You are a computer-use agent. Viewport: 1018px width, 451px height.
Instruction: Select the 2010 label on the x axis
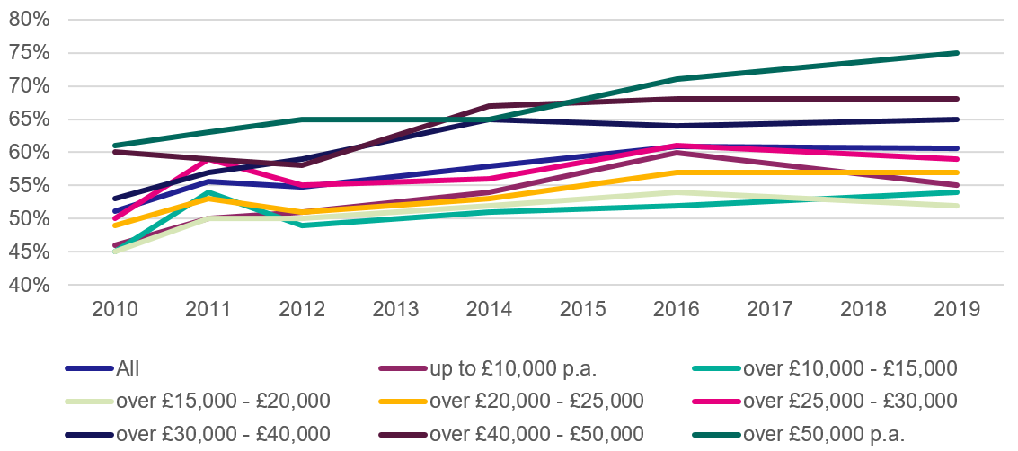[x=115, y=310]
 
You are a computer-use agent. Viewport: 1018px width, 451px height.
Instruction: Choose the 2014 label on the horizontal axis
[x=490, y=310]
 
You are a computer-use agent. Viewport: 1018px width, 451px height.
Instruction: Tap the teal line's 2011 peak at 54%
[x=208, y=192]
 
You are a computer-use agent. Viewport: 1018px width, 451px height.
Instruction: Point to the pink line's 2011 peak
[x=208, y=159]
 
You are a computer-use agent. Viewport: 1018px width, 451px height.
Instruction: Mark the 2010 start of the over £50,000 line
[x=115, y=146]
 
